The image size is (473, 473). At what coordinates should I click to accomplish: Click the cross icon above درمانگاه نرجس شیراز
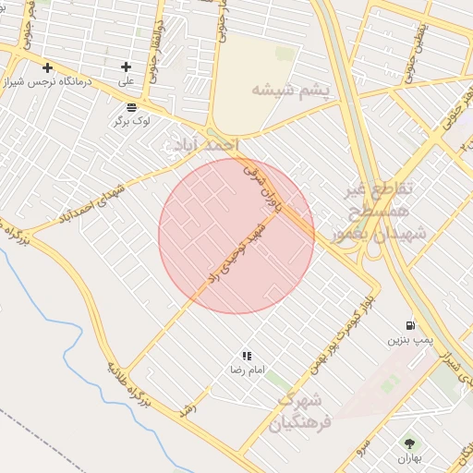(x=47, y=67)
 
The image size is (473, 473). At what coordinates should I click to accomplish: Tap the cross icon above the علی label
(x=127, y=67)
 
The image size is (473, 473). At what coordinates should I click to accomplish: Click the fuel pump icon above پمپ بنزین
(x=409, y=325)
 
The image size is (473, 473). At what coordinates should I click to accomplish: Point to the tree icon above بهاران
(x=409, y=443)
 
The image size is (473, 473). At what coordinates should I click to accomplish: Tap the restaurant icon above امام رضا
(x=247, y=356)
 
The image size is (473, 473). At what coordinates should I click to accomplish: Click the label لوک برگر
(x=131, y=121)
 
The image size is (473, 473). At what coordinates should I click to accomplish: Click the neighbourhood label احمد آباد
(x=212, y=146)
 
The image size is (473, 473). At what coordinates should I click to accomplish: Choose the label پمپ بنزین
(x=403, y=340)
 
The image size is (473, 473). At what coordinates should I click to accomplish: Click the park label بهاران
(x=409, y=458)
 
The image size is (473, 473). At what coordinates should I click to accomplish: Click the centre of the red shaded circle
(x=236, y=236)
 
